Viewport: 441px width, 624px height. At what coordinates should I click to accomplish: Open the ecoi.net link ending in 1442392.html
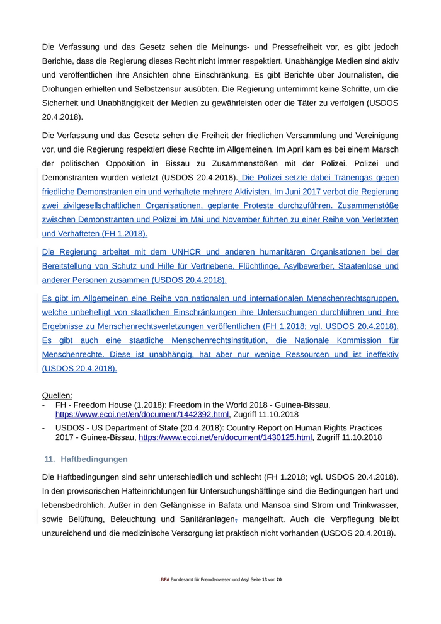[142, 415]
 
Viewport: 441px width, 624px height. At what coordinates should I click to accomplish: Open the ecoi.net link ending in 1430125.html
[225, 437]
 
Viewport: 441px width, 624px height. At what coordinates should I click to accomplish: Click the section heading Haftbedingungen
[94, 459]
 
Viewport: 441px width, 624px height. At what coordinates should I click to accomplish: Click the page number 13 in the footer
[265, 579]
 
